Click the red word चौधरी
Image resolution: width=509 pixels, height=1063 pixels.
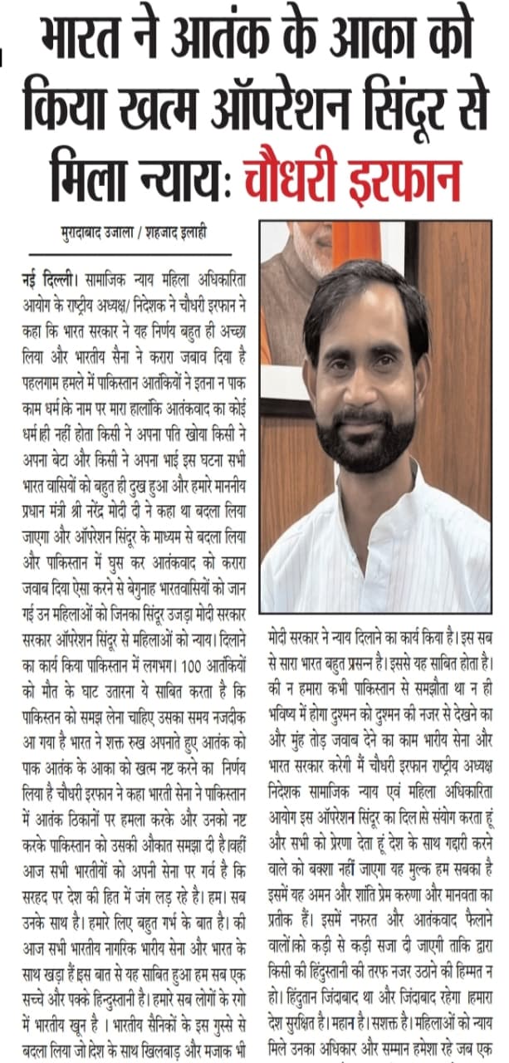[294, 175]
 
